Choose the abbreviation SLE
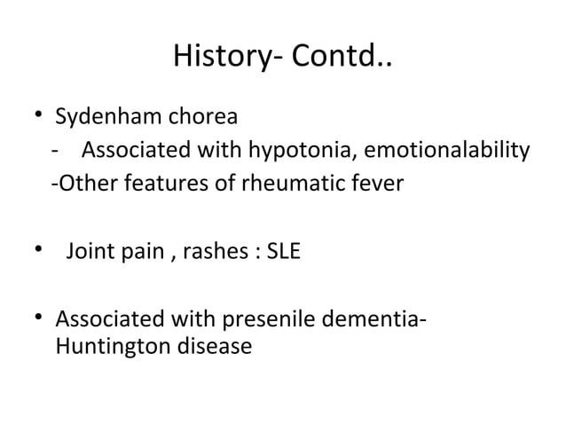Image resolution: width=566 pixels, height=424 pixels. tap(283, 252)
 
